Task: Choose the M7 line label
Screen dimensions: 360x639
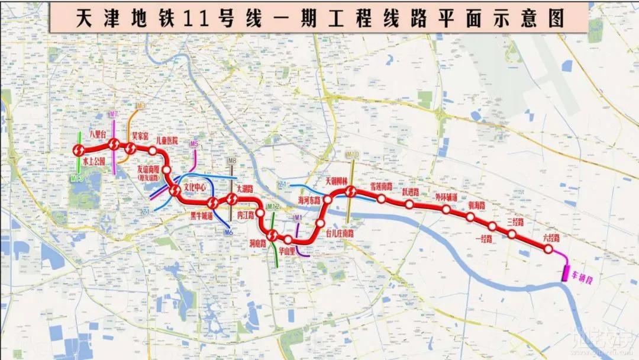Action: [114, 114]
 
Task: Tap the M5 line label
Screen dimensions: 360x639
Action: [193, 144]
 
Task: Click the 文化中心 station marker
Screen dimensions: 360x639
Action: [175, 191]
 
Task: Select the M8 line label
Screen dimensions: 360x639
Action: [232, 161]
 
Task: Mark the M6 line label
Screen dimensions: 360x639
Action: [228, 233]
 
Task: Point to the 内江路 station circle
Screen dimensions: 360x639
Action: [260, 207]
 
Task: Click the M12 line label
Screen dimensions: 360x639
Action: [273, 207]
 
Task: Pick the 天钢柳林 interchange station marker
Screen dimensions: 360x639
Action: [350, 191]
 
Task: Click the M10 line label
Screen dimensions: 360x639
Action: [352, 155]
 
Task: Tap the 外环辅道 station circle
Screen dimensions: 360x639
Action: [446, 210]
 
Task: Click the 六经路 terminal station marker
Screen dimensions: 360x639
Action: [548, 249]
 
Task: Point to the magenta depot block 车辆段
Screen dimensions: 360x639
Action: [566, 272]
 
